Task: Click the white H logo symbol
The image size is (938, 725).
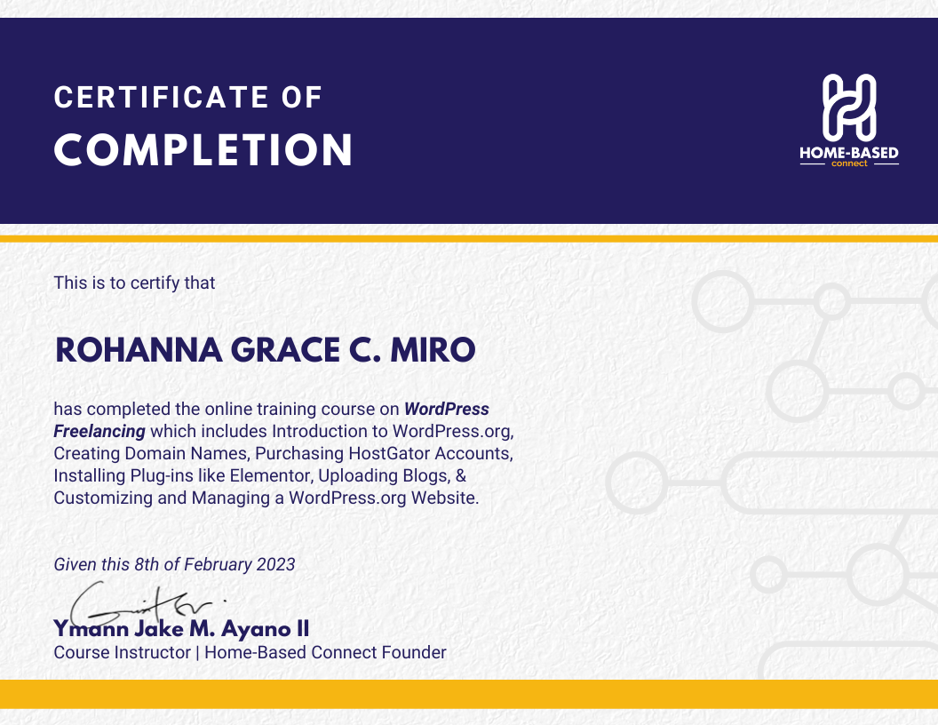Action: pos(849,108)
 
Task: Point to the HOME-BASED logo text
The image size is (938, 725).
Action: pos(849,153)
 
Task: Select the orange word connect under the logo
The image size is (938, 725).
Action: pos(849,163)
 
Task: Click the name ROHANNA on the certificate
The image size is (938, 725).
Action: pos(139,350)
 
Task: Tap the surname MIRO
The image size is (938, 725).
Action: pos(433,350)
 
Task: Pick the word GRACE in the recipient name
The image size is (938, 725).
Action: pos(285,350)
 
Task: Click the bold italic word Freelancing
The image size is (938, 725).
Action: pos(99,431)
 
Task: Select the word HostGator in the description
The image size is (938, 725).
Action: pos(389,453)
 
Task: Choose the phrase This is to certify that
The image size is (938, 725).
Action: pos(135,283)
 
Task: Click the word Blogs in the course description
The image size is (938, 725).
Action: pos(425,475)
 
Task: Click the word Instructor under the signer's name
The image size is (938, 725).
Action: pos(155,652)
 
